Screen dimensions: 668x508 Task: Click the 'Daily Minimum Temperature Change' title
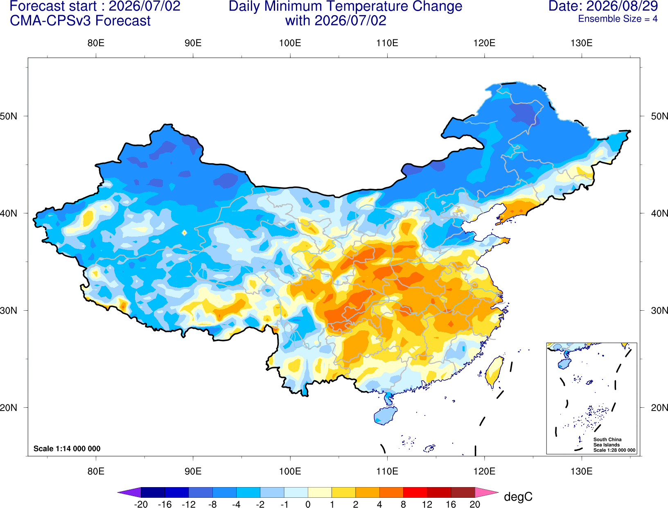point(345,7)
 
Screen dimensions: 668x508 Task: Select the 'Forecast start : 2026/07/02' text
point(95,6)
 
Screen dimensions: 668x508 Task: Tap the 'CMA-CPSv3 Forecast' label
point(80,21)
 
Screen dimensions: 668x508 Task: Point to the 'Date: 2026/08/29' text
point(603,6)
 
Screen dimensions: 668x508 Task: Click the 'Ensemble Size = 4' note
point(618,19)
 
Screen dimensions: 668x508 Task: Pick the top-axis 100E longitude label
point(290,43)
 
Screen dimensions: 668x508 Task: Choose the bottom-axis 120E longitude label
point(484,472)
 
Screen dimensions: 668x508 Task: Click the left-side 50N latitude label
point(9,116)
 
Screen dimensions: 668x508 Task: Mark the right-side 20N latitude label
point(659,408)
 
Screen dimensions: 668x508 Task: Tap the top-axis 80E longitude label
point(96,43)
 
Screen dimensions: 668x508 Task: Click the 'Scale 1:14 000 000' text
point(67,448)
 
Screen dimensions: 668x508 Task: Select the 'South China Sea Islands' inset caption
point(607,442)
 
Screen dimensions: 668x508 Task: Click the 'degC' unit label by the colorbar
point(518,497)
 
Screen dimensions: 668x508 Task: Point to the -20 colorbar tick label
point(141,504)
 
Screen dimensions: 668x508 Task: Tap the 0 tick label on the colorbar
point(308,504)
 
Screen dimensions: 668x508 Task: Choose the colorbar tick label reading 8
point(403,504)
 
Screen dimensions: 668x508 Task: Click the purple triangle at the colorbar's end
point(131,492)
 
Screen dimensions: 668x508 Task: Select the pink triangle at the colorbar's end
point(485,492)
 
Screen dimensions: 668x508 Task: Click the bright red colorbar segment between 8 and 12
point(415,492)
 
